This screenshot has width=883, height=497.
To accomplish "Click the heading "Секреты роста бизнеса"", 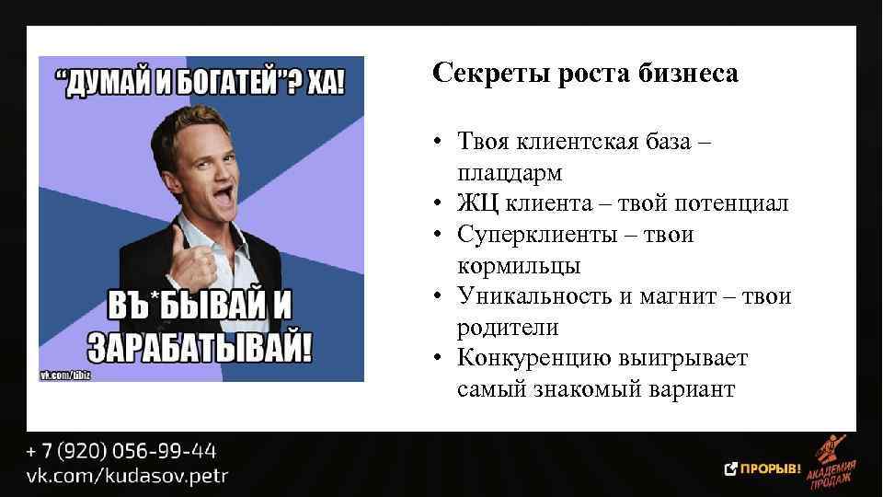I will (585, 75).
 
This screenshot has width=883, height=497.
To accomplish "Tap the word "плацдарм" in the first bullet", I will (509, 173).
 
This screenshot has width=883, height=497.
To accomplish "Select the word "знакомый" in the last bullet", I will (582, 389).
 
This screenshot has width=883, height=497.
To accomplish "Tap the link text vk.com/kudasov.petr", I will (127, 475).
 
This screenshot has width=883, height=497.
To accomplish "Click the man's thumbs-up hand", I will (190, 261).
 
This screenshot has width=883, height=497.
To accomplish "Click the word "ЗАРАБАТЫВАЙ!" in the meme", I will (201, 345).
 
